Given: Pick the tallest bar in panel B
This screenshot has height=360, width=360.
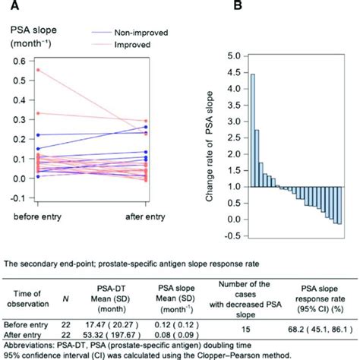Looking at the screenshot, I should click(x=252, y=130).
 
